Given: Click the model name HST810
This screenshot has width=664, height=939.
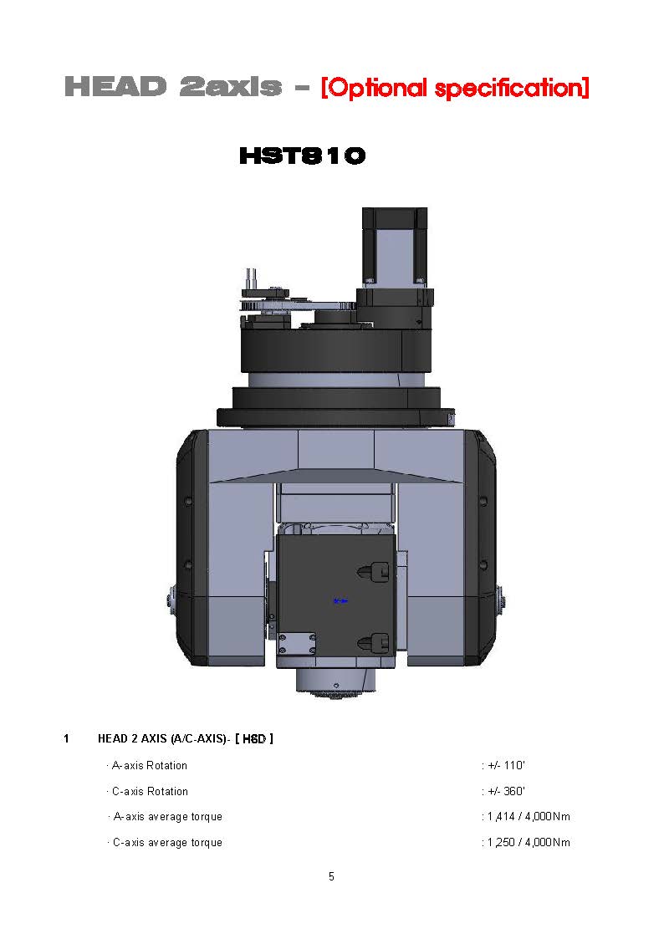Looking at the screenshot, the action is pos(303,156).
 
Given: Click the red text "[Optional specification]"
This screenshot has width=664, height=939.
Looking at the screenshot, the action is pos(455,88).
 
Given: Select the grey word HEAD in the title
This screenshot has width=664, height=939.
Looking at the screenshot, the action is pos(115,87).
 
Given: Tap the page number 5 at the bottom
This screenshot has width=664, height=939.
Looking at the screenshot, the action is pos(331,877).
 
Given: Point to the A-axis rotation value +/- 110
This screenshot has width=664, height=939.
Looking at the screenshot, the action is pos(506,765).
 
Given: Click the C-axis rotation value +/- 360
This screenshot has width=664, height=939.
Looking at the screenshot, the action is pos(506,791).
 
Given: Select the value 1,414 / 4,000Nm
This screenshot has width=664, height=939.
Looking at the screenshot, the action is pos(529,817).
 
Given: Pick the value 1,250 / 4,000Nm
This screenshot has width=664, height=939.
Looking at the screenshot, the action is pos(529,843).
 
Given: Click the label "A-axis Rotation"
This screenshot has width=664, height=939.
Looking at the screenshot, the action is pos(150,765).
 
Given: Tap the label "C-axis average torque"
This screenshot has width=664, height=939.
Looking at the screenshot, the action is pos(167,843).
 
